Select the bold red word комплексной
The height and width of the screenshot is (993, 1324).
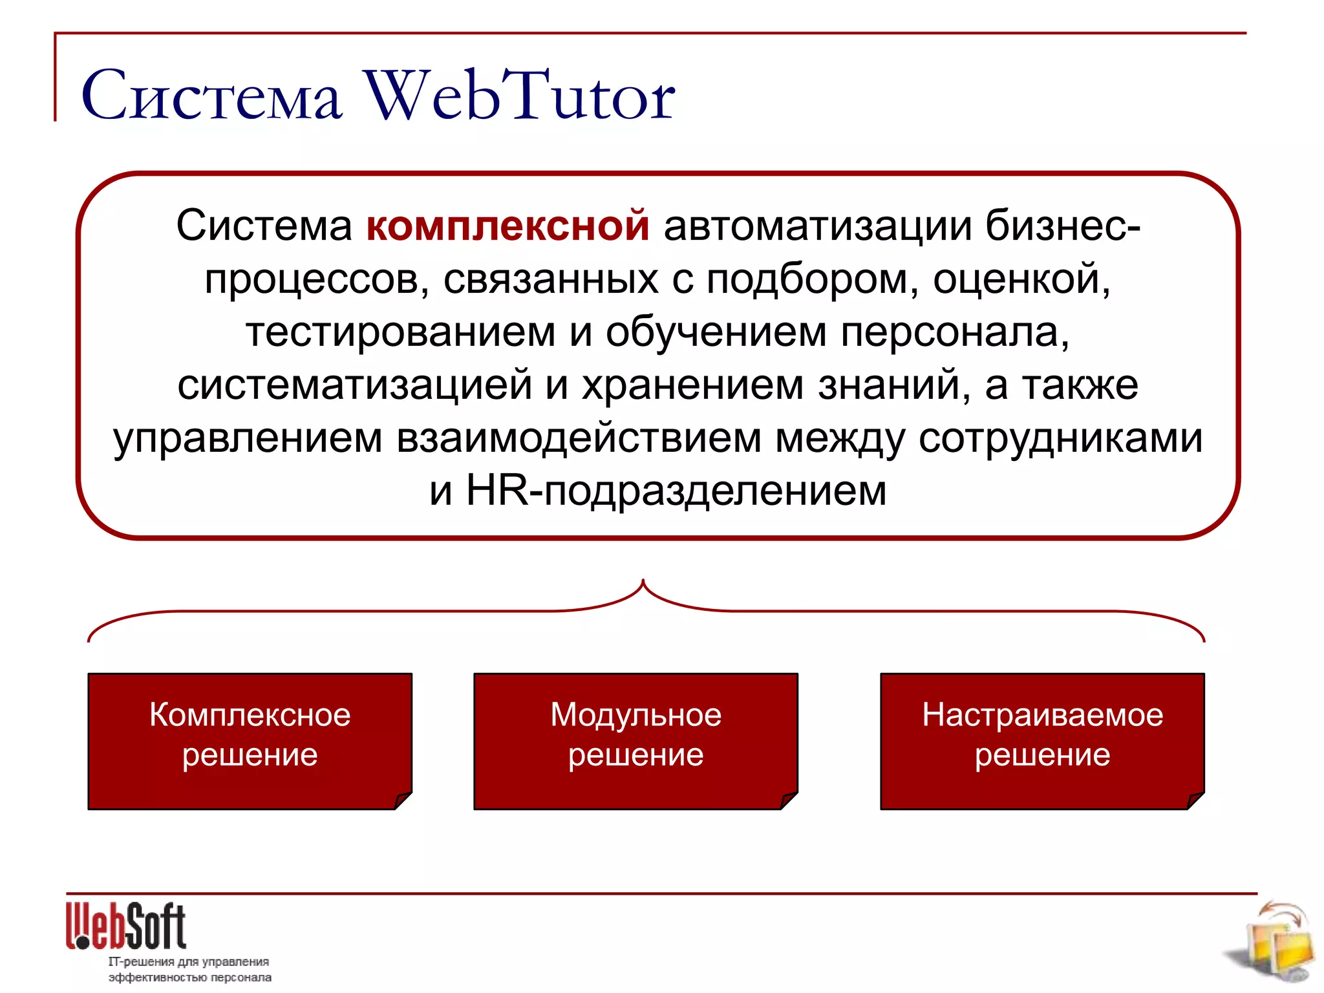[507, 226]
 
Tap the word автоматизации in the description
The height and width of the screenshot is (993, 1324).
[818, 226]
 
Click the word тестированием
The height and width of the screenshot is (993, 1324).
[400, 332]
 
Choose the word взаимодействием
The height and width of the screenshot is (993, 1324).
[579, 438]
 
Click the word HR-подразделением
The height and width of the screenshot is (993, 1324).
[676, 491]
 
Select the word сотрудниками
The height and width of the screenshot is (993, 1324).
[1060, 438]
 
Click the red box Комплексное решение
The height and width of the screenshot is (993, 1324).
[250, 740]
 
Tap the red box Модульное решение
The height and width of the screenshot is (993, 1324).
[635, 740]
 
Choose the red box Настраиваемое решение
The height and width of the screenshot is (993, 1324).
[1042, 740]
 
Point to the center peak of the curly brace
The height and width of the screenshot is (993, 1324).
[643, 582]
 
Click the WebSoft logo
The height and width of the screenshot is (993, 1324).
[126, 926]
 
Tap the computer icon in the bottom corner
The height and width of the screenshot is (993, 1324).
[1274, 944]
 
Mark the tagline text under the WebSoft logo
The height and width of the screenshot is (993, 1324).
[189, 970]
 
